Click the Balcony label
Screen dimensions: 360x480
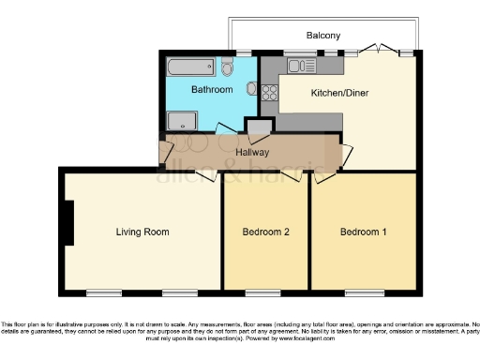click(323, 36)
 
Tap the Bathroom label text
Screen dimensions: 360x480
click(211, 91)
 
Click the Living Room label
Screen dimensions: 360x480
click(142, 232)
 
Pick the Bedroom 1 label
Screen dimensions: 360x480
click(363, 232)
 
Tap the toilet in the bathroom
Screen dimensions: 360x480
click(228, 66)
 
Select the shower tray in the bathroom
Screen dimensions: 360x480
click(182, 121)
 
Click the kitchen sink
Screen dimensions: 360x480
click(303, 66)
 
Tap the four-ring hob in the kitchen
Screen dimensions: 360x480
click(271, 93)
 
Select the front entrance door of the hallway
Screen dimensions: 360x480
click(166, 150)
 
